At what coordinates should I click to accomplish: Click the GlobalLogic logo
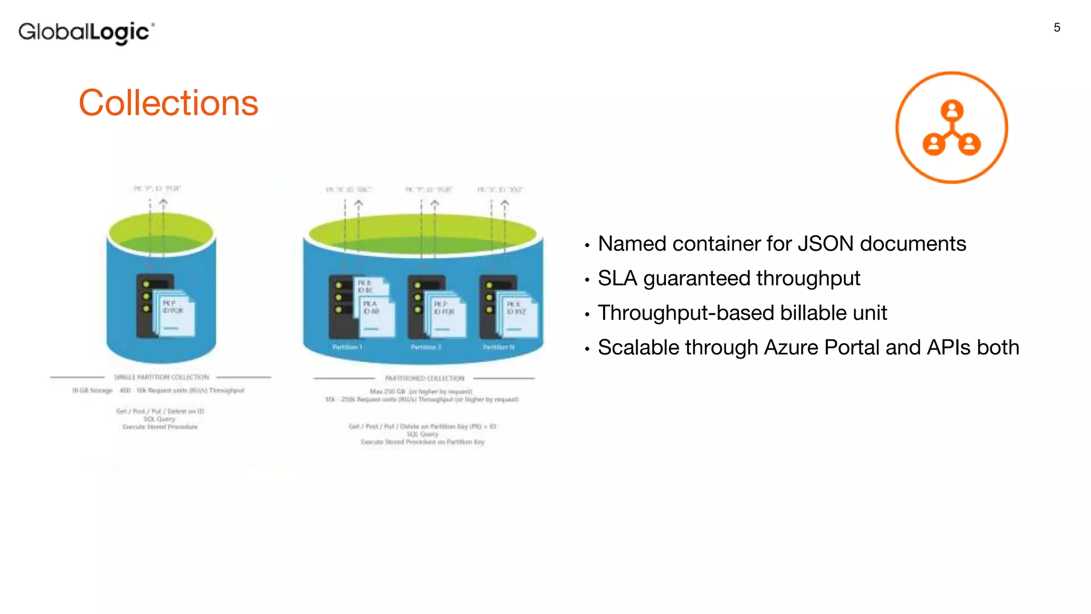(x=86, y=33)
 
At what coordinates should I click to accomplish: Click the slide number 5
(x=1057, y=28)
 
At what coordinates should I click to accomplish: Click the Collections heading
(x=168, y=102)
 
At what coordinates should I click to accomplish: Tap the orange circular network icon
(x=951, y=127)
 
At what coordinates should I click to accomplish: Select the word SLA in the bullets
(x=617, y=278)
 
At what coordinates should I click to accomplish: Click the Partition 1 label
(x=347, y=347)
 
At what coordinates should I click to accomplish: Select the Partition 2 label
(x=426, y=347)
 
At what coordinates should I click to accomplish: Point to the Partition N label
(x=499, y=347)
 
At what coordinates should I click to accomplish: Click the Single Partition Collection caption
(x=161, y=377)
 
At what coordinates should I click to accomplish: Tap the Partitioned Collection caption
(x=425, y=378)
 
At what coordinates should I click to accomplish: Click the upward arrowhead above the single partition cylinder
(x=164, y=203)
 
